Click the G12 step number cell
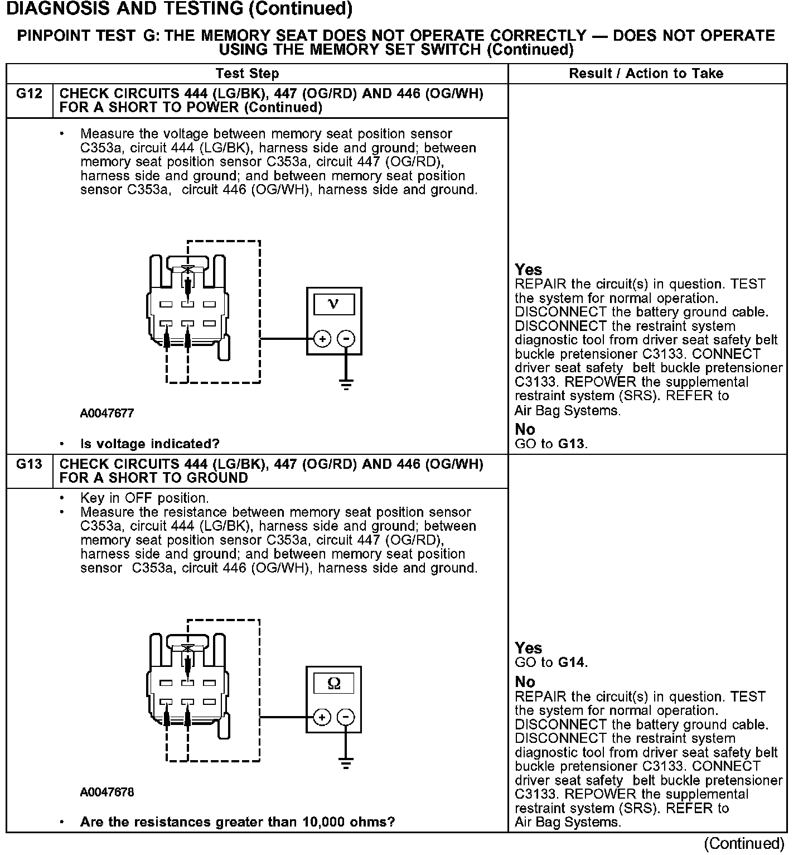(x=29, y=94)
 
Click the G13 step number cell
(x=29, y=464)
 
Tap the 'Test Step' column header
(x=247, y=73)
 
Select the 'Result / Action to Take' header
(x=646, y=73)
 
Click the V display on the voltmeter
(x=333, y=304)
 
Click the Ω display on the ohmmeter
(x=333, y=683)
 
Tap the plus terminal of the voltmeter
(x=322, y=339)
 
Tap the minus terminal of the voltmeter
(x=347, y=339)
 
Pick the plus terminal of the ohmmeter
(x=322, y=717)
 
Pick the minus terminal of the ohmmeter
(x=347, y=717)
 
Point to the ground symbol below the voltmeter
(x=346, y=384)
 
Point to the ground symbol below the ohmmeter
(x=346, y=763)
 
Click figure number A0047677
(x=107, y=414)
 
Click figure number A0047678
(x=107, y=792)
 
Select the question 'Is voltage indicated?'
(x=150, y=444)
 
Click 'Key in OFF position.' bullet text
(x=144, y=498)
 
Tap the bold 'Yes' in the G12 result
(x=528, y=270)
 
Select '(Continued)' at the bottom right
(x=744, y=843)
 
